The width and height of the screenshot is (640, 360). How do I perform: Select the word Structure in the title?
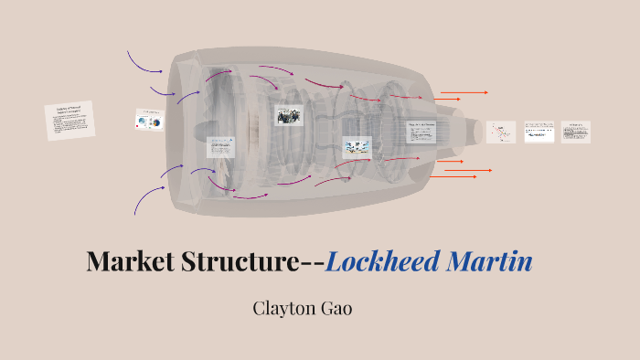click(x=245, y=262)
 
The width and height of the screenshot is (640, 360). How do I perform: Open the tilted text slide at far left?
click(x=69, y=121)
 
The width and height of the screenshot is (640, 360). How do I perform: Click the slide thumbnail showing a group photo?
click(x=288, y=115)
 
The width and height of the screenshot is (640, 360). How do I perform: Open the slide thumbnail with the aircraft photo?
click(x=357, y=146)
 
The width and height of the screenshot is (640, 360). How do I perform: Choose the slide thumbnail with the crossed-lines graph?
click(x=500, y=132)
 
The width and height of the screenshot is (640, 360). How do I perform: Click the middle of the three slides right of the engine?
click(x=539, y=132)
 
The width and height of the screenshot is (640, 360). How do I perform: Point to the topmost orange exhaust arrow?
click(x=464, y=92)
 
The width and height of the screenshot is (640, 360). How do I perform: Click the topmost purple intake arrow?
click(x=144, y=62)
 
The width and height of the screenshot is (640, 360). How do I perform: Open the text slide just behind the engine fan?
click(x=221, y=147)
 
